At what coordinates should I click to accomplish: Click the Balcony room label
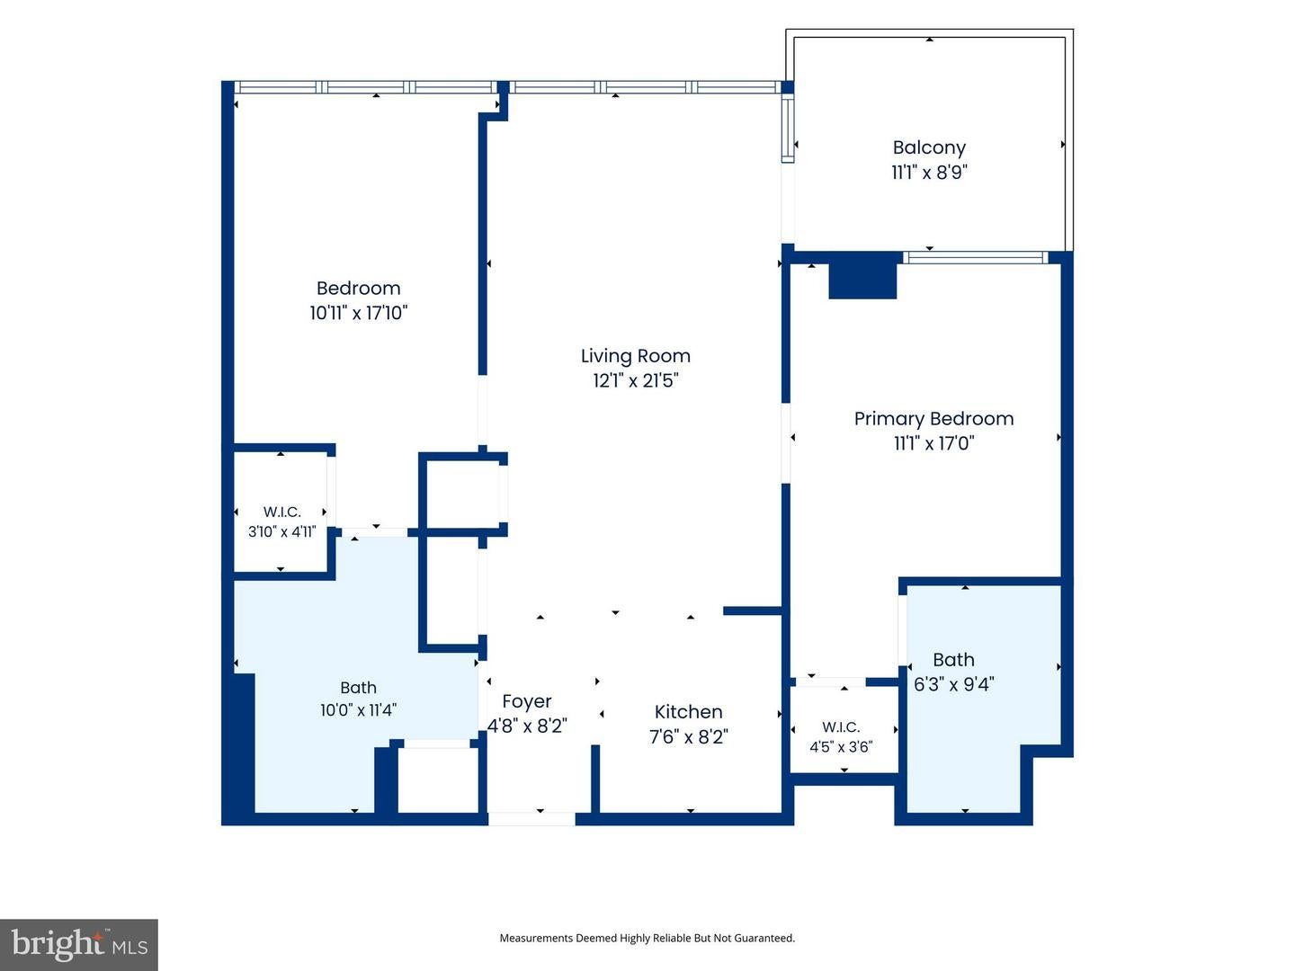pos(929,147)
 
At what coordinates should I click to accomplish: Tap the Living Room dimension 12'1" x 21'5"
pos(636,381)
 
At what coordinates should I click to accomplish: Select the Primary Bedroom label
pos(933,419)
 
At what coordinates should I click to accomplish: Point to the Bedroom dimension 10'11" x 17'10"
pos(359,313)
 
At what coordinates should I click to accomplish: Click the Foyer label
pos(527,701)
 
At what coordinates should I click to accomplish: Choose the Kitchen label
pos(689,711)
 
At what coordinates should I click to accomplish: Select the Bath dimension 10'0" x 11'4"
pos(358,710)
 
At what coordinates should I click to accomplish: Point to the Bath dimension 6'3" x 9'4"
pos(953,684)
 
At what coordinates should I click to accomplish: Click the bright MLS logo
pos(79,944)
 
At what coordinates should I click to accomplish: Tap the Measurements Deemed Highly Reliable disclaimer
pos(647,938)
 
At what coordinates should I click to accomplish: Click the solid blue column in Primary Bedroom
pos(862,281)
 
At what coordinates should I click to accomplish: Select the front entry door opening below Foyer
pos(531,818)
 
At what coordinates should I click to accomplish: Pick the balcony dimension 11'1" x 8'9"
pos(929,172)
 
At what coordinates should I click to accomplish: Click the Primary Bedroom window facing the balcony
pos(976,258)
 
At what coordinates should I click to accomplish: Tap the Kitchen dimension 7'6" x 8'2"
pos(689,737)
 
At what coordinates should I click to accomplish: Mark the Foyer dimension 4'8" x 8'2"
pos(527,726)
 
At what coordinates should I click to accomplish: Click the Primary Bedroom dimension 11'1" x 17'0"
pos(934,442)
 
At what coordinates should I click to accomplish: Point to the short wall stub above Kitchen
pos(753,610)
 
